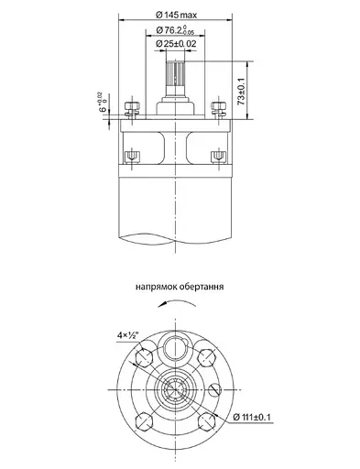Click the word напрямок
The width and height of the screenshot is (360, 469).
click(x=158, y=286)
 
